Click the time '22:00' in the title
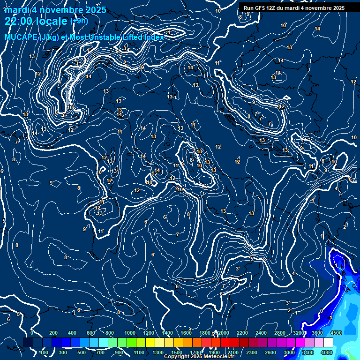click(x=19, y=21)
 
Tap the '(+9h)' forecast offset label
click(x=78, y=21)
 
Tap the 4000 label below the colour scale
click(x=327, y=352)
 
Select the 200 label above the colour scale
click(x=53, y=333)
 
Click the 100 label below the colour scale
click(x=44, y=352)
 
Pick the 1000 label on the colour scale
click(x=129, y=333)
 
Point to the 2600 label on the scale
click(x=270, y=352)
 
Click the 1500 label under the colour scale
click(x=177, y=352)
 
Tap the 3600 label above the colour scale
click(x=317, y=333)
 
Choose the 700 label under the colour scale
click(x=100, y=352)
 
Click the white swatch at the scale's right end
click(x=328, y=343)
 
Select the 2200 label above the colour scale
click(x=242, y=333)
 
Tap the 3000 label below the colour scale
click(x=289, y=352)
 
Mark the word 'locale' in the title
click(x=51, y=21)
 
